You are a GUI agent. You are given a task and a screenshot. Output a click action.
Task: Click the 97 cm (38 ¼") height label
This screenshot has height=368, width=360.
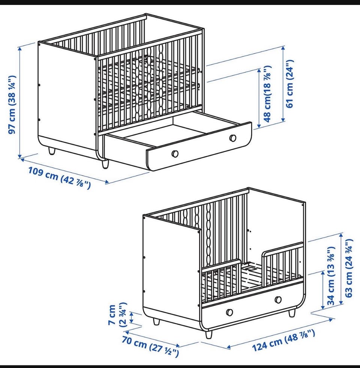point(12,105)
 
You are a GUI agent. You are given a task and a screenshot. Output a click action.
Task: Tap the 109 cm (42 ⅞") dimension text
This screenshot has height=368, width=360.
point(59,178)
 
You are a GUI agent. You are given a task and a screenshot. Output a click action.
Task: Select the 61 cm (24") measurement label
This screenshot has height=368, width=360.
point(289,84)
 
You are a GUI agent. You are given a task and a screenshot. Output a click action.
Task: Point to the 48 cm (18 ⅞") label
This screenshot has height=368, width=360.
point(268,94)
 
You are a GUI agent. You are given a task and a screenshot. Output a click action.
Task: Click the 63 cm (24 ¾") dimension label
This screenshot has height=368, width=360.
point(349,268)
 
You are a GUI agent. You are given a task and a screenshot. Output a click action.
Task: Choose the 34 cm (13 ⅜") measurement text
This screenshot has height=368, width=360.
point(331,276)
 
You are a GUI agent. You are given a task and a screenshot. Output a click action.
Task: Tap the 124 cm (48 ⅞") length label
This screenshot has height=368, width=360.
point(283,340)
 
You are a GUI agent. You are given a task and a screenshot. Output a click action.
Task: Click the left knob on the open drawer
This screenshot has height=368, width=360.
point(175,154)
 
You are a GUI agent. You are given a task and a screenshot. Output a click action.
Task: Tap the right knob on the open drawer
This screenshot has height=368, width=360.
point(233,138)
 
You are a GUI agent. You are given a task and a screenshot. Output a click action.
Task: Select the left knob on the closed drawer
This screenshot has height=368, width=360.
point(229,313)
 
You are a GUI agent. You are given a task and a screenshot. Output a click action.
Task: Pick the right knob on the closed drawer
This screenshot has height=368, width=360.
point(278,299)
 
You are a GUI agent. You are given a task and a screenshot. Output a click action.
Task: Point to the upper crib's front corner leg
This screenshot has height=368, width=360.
point(105,164)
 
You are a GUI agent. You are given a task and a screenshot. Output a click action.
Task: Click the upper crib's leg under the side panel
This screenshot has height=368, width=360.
point(52,151)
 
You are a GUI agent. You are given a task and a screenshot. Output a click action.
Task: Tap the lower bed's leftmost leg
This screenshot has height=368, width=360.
point(156,321)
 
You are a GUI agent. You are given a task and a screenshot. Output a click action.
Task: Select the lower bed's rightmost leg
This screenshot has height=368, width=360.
point(292,313)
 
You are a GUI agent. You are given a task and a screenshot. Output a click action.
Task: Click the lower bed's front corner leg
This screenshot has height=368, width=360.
point(208,334)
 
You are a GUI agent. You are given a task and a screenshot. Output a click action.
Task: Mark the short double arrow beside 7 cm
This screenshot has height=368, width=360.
point(132,317)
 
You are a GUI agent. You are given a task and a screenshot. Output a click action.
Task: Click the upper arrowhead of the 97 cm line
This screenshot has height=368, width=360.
point(20,49)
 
